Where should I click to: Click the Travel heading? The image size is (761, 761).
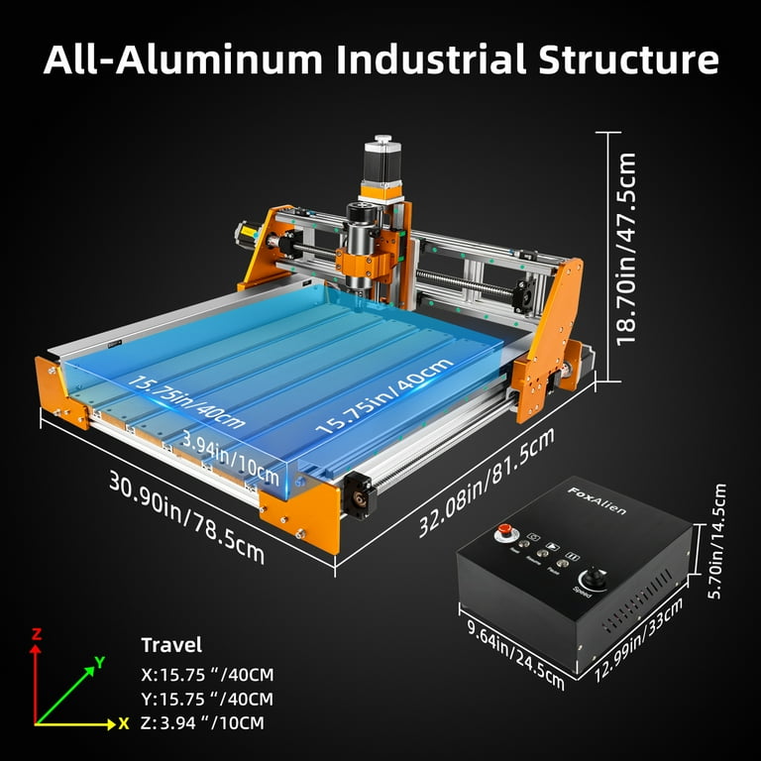coord(171,645)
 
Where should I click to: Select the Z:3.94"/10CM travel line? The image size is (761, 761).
coord(203,722)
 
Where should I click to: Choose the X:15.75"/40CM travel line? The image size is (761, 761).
coord(207,675)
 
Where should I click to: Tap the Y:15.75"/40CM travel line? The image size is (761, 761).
coord(207,699)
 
